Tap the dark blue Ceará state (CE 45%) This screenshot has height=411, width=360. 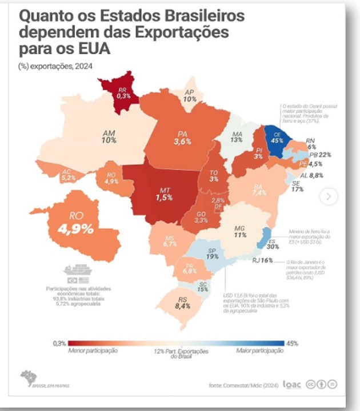277,139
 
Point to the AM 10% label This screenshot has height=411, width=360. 109,135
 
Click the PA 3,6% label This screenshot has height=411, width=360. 182,137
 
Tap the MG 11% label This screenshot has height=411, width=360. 240,231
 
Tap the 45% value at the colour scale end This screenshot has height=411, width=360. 293,343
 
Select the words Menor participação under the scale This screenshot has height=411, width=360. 93,350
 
